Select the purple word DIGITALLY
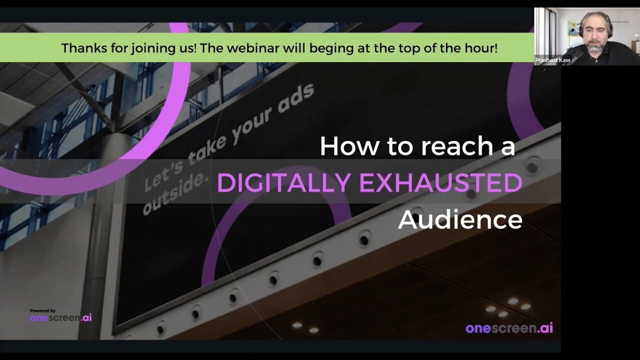pyautogui.click(x=283, y=183)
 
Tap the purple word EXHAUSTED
pyautogui.click(x=440, y=183)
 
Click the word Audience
pyautogui.click(x=460, y=219)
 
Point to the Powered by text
pyautogui.click(x=42, y=310)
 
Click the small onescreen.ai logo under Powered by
pyautogui.click(x=60, y=318)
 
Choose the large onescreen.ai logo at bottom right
pyautogui.click(x=509, y=328)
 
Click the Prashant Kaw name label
pyautogui.click(x=552, y=60)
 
